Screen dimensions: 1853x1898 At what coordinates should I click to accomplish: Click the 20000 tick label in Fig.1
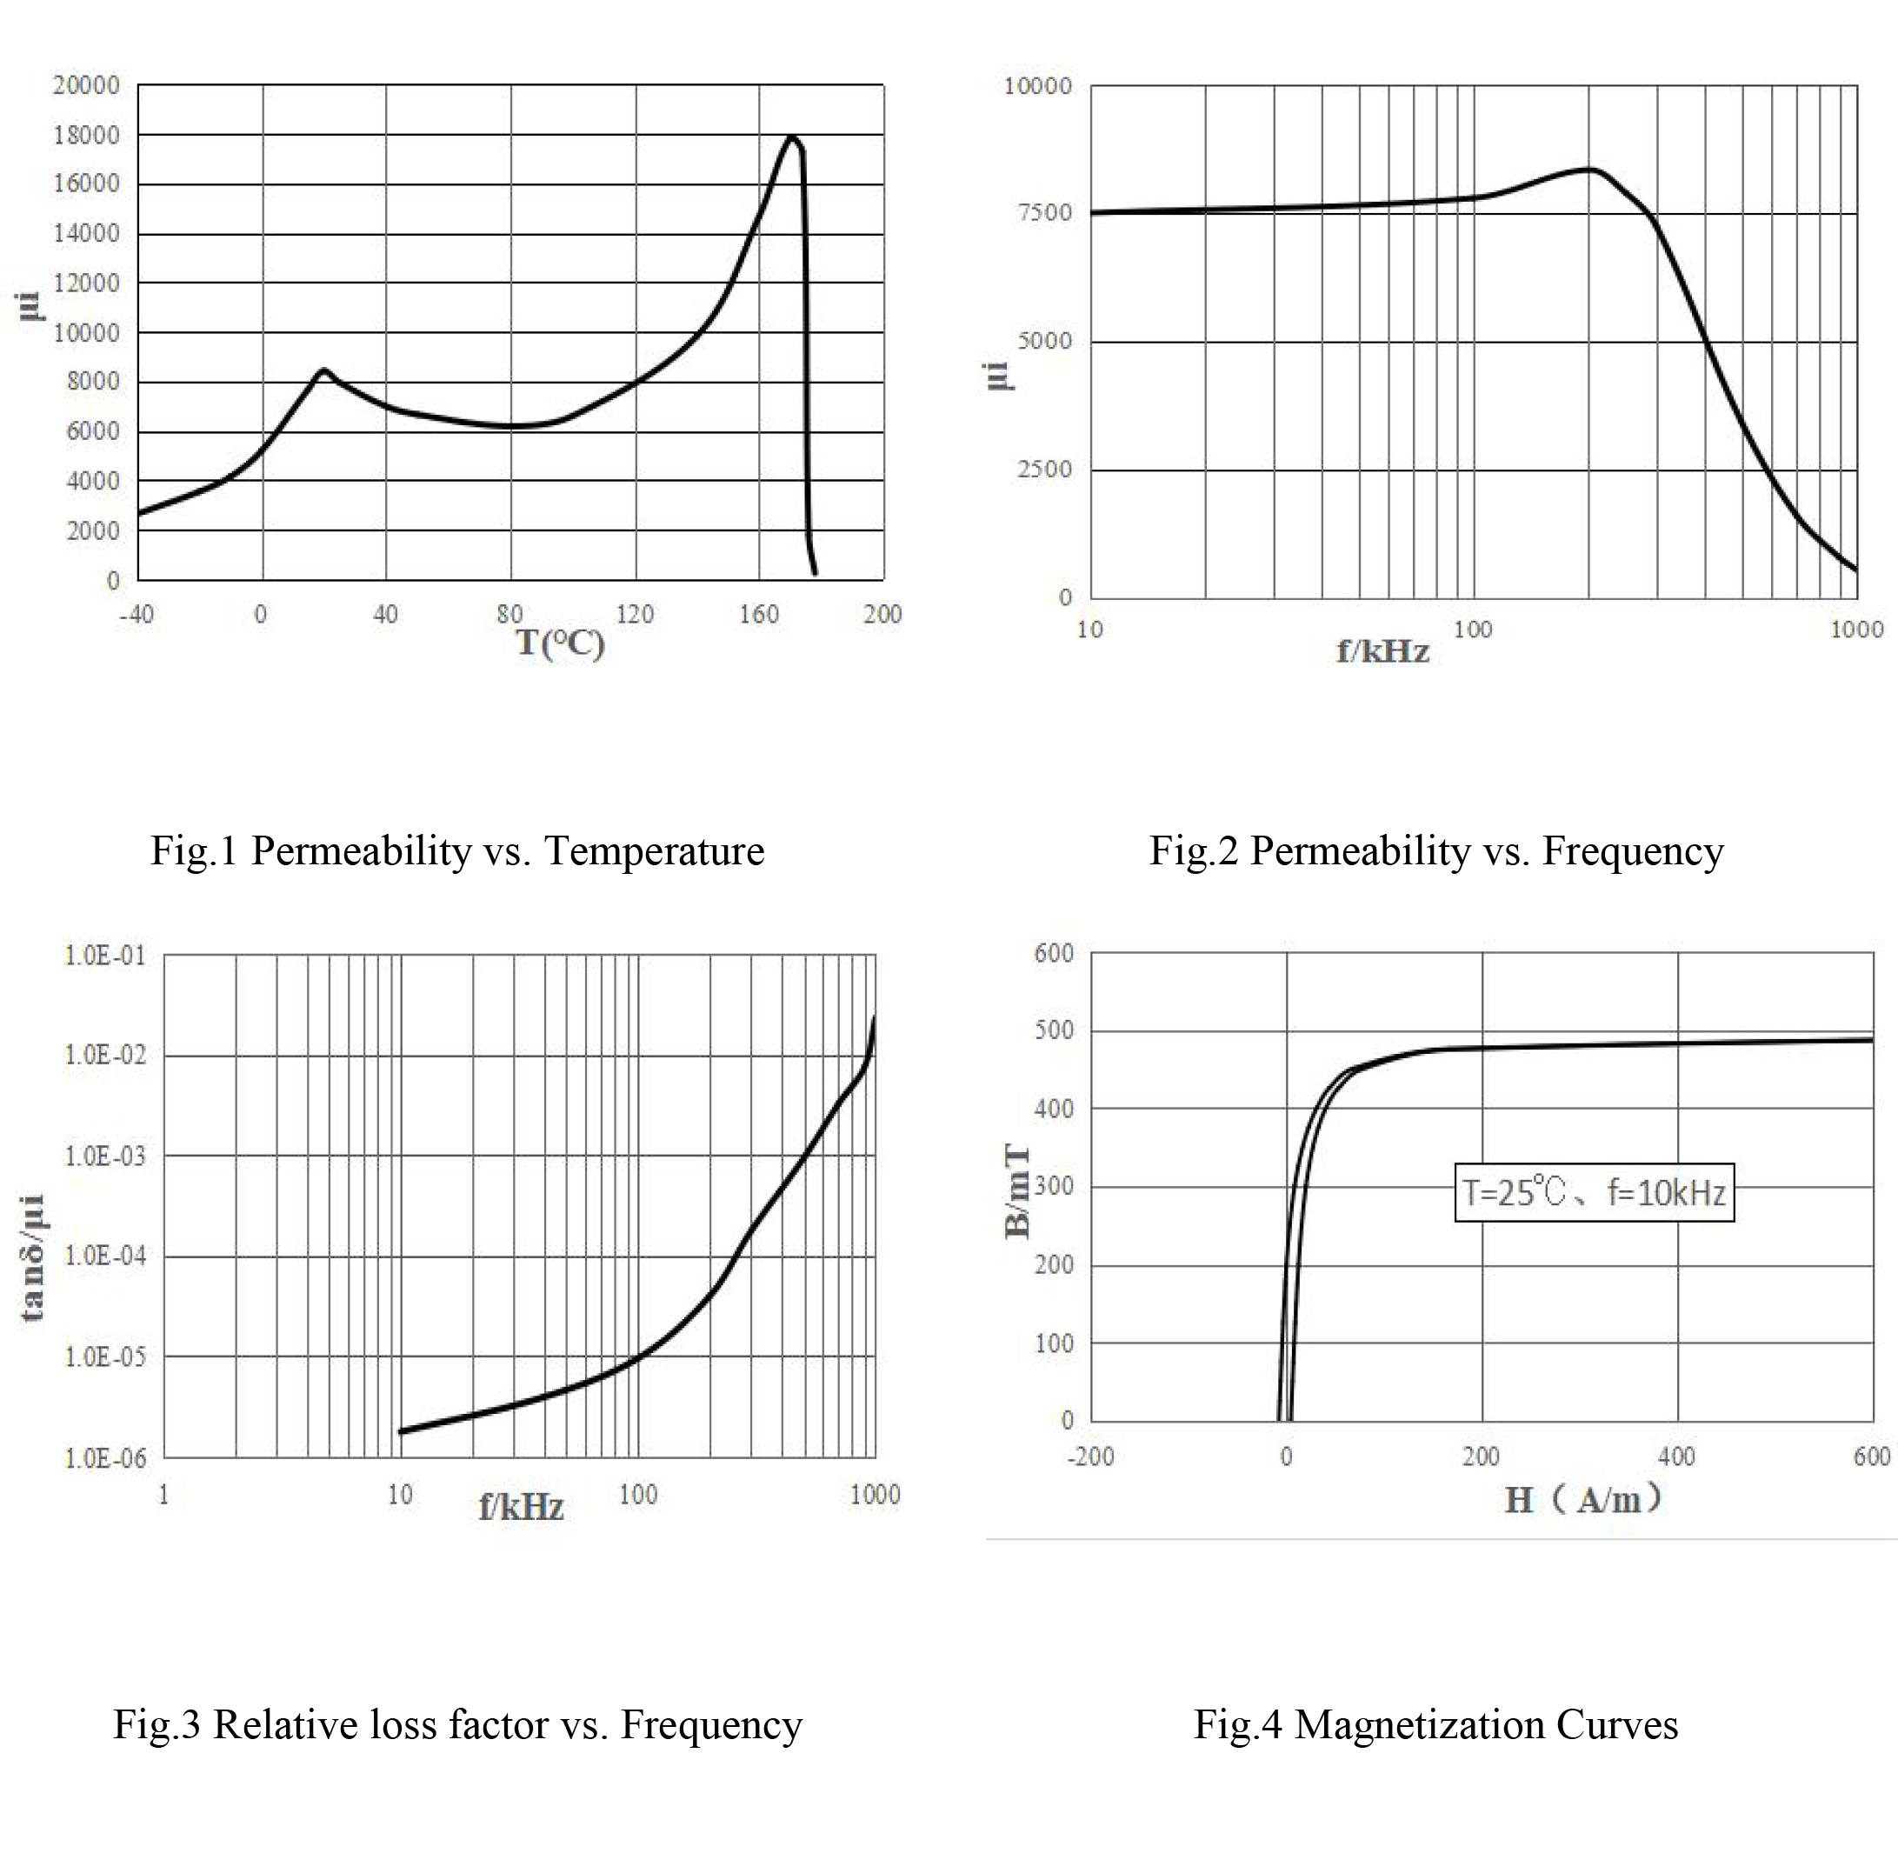point(86,85)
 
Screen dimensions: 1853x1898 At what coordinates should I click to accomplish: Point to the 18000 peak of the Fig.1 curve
point(792,137)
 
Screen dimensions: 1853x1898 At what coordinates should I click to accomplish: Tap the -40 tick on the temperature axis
point(137,614)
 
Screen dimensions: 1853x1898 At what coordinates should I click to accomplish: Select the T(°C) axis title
point(560,643)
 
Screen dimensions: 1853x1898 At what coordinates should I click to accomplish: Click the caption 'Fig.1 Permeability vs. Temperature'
point(456,850)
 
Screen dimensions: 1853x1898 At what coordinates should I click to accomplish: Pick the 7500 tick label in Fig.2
point(1043,212)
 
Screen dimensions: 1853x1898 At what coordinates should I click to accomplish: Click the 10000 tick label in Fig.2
point(1037,85)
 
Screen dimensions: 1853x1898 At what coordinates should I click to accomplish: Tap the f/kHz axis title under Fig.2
point(1382,651)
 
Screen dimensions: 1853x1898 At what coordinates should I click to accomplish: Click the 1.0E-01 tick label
point(105,956)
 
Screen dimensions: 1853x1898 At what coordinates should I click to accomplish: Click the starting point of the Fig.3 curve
point(401,1431)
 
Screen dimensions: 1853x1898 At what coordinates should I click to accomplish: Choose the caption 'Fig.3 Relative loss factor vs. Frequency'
point(457,1724)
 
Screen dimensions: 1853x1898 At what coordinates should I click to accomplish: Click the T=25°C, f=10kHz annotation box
point(1594,1192)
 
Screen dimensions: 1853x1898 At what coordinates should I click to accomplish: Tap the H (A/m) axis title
point(1582,1500)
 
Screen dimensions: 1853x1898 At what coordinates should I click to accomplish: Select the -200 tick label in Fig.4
point(1090,1456)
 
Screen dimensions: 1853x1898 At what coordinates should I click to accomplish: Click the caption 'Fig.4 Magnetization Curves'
point(1435,1724)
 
